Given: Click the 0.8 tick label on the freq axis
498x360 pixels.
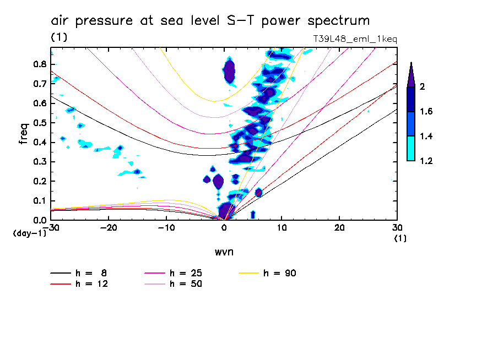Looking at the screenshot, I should (39, 64).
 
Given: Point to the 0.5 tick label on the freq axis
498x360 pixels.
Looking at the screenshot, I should (39, 123).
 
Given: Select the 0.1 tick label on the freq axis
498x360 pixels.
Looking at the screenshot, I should (39, 201).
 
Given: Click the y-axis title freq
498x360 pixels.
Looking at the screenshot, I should (23, 133).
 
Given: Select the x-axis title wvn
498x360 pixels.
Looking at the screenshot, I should (223, 252).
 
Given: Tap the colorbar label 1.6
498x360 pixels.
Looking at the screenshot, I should (425, 112).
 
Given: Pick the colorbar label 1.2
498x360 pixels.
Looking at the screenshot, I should (425, 161).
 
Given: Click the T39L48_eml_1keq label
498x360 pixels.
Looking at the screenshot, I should (354, 39).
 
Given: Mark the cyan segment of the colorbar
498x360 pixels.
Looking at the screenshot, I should (410, 149).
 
